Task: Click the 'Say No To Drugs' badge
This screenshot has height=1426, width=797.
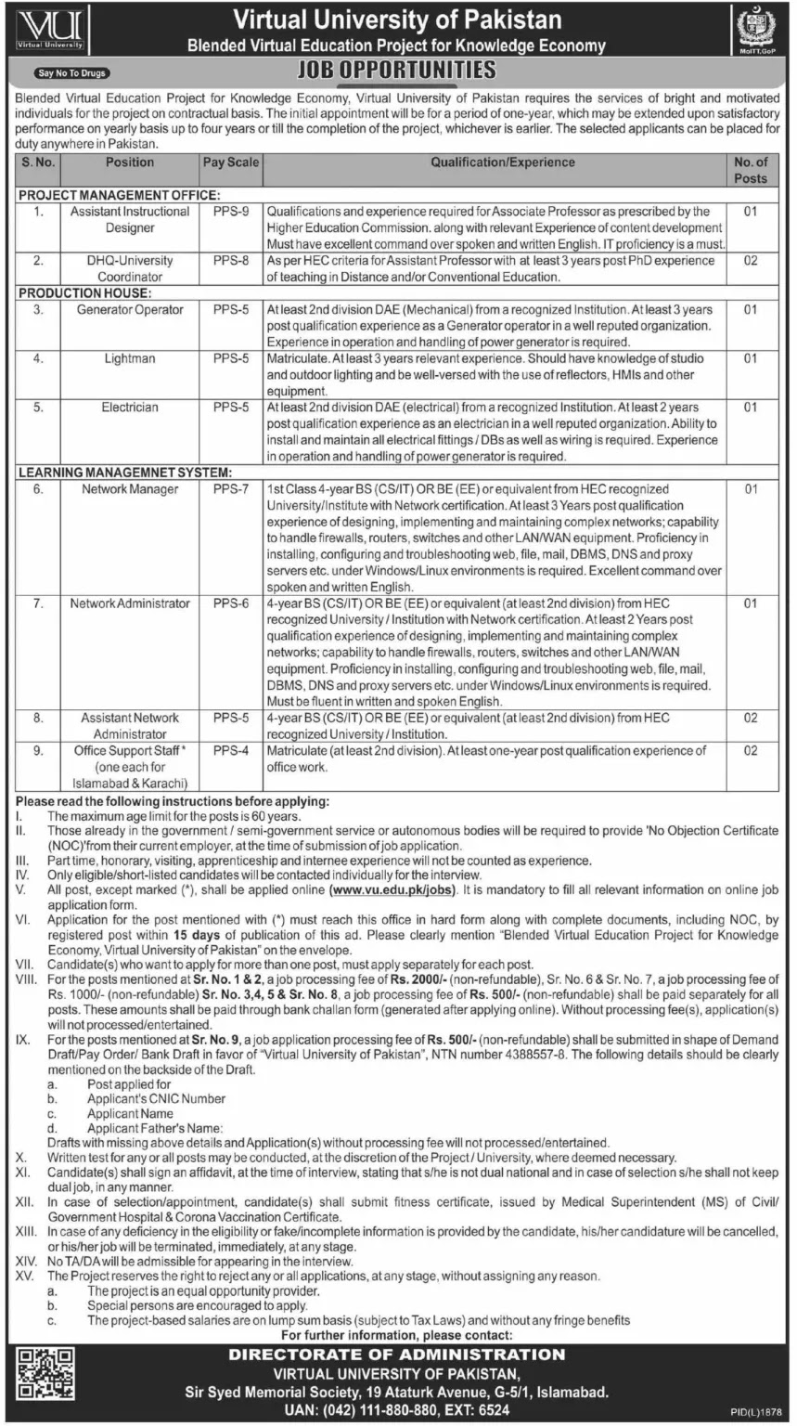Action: click(72, 72)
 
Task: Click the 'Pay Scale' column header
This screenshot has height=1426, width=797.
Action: click(231, 162)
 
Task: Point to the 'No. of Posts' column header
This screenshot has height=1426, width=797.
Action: click(750, 170)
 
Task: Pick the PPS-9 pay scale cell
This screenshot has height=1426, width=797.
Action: click(231, 212)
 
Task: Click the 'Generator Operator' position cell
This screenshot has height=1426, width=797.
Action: click(130, 310)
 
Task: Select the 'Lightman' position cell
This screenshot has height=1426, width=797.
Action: click(130, 359)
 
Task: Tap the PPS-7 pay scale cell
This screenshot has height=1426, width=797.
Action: click(231, 489)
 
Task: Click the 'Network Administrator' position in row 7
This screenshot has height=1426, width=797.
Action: click(130, 603)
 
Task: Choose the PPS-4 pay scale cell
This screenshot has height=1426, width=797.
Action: click(231, 751)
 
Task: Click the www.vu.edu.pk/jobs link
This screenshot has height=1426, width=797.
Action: click(392, 889)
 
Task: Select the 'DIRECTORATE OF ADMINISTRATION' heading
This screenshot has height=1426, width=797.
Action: click(397, 1355)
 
